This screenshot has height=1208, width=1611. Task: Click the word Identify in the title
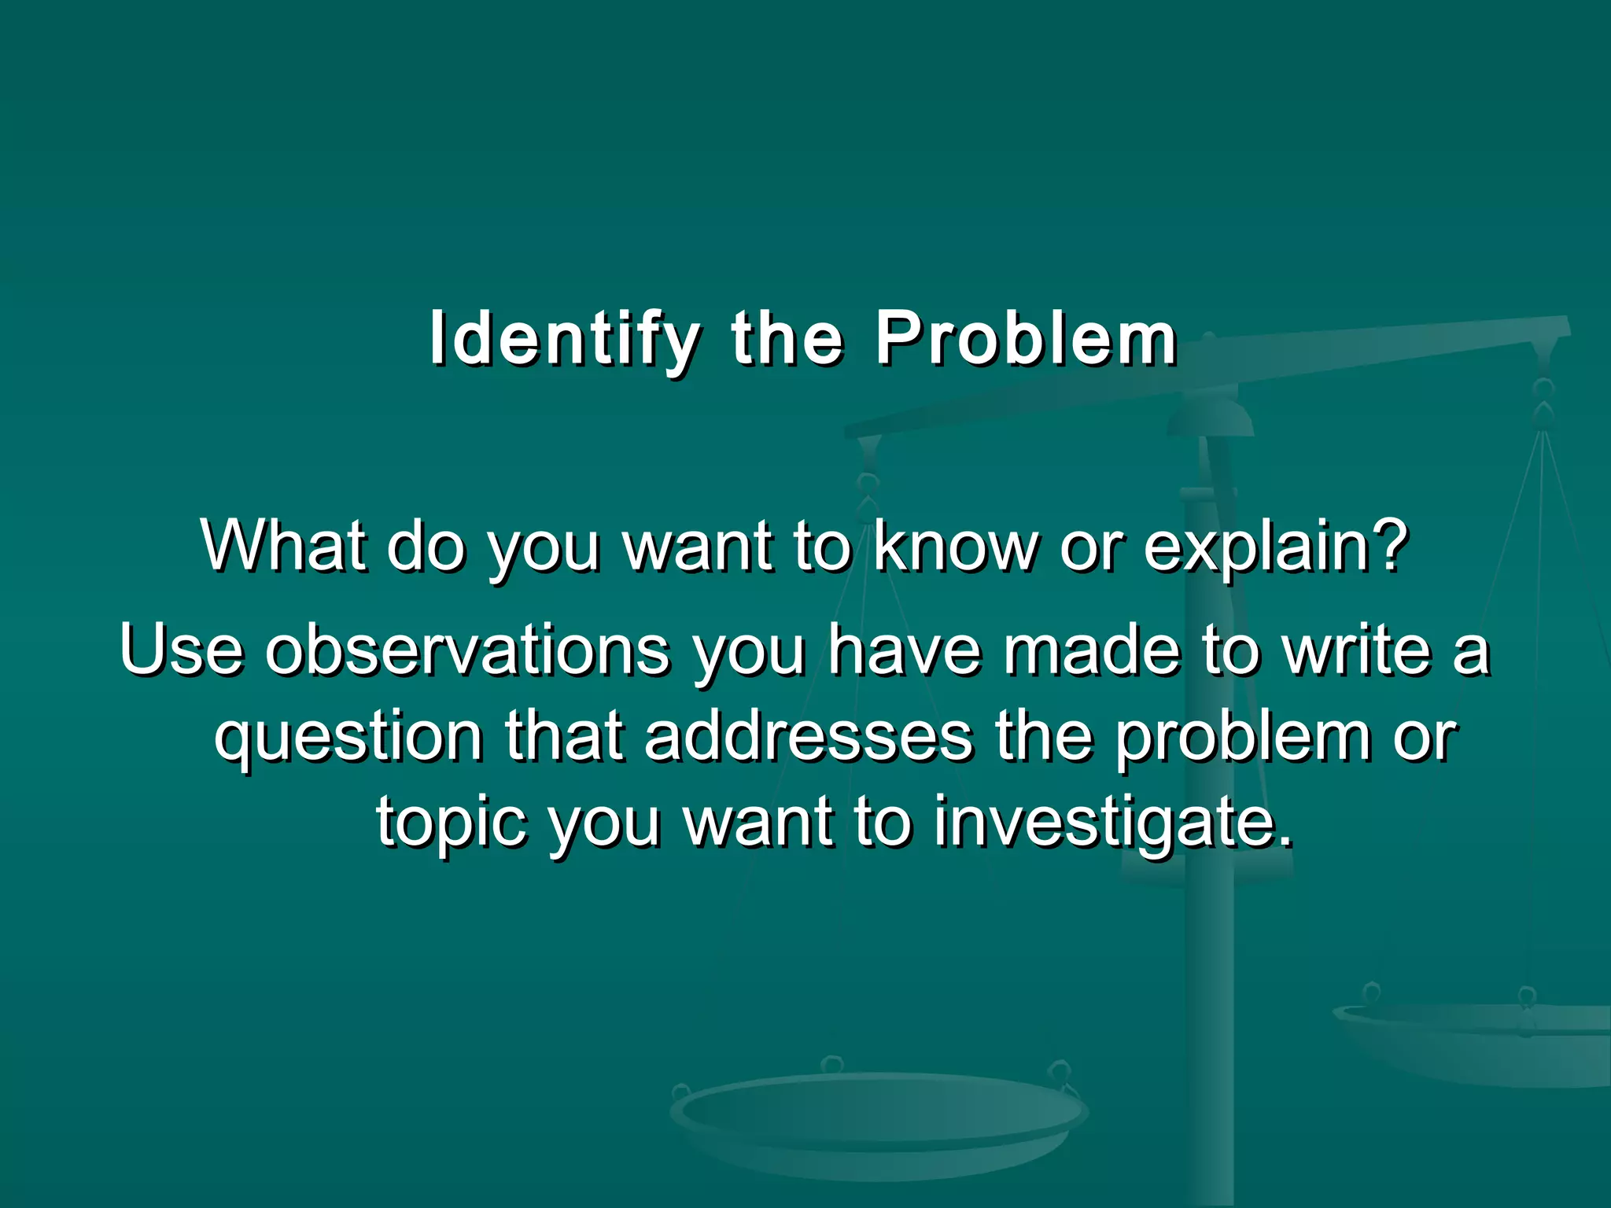564,340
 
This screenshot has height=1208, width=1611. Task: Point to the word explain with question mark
1274,547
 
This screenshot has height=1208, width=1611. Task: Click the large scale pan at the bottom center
879,1117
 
